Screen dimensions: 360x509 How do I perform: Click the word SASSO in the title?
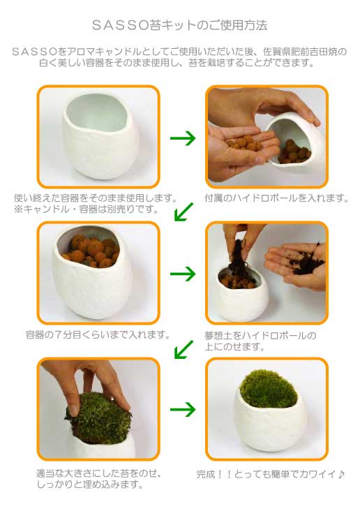(121, 25)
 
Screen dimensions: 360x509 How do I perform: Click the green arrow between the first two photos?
(183, 138)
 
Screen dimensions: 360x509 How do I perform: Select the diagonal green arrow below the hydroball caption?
(183, 212)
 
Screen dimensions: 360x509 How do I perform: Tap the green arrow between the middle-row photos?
(183, 274)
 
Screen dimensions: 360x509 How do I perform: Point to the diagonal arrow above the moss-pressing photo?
(183, 349)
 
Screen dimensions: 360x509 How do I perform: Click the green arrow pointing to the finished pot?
(183, 409)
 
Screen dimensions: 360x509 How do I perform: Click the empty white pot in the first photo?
(101, 135)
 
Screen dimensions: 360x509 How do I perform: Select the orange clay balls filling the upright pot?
(93, 251)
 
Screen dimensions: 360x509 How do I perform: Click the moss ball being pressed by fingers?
(99, 419)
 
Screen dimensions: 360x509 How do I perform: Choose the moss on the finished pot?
(269, 389)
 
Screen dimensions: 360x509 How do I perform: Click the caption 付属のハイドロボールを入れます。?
(276, 198)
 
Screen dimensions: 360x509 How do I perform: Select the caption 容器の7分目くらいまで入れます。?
(98, 334)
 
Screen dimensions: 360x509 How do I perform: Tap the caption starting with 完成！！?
(271, 474)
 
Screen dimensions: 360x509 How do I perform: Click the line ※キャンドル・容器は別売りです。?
(87, 209)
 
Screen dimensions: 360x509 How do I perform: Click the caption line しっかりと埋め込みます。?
(90, 485)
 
